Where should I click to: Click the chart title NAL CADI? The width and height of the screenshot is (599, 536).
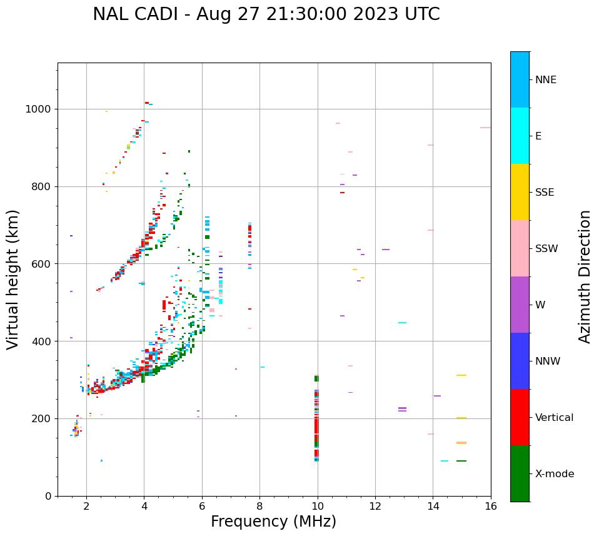point(266,14)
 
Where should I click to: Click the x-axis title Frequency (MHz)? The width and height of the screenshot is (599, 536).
point(273,522)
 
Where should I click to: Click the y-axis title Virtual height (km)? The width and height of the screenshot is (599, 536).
point(13,279)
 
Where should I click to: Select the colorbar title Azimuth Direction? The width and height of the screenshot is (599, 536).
point(585,276)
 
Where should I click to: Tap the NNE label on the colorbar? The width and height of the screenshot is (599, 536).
point(545,80)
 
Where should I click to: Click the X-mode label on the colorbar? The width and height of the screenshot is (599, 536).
point(554,474)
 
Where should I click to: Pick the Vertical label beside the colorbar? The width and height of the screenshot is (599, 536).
point(554,418)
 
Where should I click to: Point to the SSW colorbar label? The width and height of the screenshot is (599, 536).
point(546,249)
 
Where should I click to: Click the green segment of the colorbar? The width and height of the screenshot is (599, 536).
point(520,473)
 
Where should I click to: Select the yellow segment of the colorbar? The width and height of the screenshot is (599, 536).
point(520,192)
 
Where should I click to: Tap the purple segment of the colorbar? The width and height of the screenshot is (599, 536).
point(520,305)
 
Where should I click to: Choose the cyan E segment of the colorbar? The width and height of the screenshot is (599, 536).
point(520,136)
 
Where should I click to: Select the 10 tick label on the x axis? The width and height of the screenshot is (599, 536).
point(318,506)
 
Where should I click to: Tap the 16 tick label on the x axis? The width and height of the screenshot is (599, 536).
point(491,506)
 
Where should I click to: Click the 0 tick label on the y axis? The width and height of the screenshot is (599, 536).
point(48,496)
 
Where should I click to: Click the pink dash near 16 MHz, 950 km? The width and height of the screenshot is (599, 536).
point(485,128)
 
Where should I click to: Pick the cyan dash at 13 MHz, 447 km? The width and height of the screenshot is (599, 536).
point(402,323)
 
